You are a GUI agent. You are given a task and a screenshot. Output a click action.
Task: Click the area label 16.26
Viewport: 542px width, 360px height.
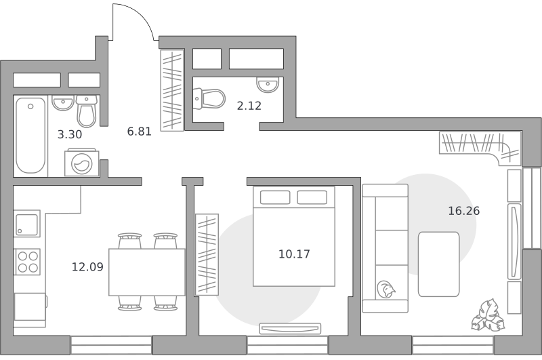(464, 211)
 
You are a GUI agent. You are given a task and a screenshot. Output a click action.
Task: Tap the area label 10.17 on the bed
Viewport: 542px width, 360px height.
(294, 254)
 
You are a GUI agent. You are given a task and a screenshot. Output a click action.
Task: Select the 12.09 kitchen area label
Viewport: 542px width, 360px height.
(87, 267)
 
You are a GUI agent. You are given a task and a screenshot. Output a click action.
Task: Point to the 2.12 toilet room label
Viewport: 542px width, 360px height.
(249, 106)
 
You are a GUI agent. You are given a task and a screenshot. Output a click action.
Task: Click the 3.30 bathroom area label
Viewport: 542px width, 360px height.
(70, 134)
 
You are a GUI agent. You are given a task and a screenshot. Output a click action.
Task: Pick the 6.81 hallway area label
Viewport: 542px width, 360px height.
(140, 132)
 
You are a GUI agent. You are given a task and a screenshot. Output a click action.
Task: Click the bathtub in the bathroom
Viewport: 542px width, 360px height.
(30, 136)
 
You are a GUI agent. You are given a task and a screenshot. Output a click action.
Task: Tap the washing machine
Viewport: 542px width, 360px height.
(81, 162)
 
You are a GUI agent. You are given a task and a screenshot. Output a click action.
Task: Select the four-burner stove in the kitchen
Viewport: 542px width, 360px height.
(27, 262)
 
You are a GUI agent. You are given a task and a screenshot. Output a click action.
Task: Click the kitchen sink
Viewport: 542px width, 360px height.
(27, 224)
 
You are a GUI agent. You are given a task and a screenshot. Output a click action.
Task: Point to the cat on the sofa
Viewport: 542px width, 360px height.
(385, 289)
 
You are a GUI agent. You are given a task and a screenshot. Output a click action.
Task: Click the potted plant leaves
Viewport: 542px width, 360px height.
(487, 316)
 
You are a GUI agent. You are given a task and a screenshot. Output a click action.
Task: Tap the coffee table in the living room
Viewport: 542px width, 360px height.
(438, 264)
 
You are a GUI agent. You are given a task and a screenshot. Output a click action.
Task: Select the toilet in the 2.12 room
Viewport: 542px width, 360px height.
(209, 99)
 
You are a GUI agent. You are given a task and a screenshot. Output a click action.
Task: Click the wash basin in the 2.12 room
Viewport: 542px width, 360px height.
(268, 85)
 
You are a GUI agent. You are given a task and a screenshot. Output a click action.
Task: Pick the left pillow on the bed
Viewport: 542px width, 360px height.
(275, 197)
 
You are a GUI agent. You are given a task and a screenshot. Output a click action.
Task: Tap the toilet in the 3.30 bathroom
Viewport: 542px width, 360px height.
(87, 111)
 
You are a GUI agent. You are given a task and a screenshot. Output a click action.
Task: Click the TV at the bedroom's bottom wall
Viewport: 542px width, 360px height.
(290, 329)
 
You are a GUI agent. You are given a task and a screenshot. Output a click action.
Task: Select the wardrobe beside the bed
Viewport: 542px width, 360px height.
(207, 254)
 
